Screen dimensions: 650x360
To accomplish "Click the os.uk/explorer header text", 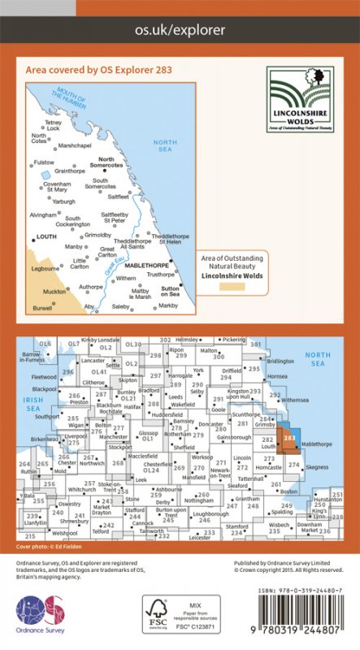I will (x=180, y=30).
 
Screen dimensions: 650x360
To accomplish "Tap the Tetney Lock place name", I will (x=52, y=125).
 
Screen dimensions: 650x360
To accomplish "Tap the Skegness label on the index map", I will (x=319, y=467).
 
